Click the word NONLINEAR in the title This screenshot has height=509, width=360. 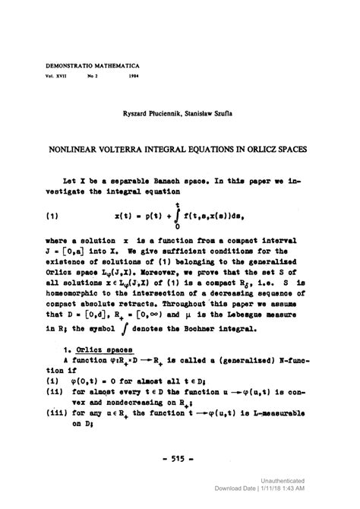coord(83,150)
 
